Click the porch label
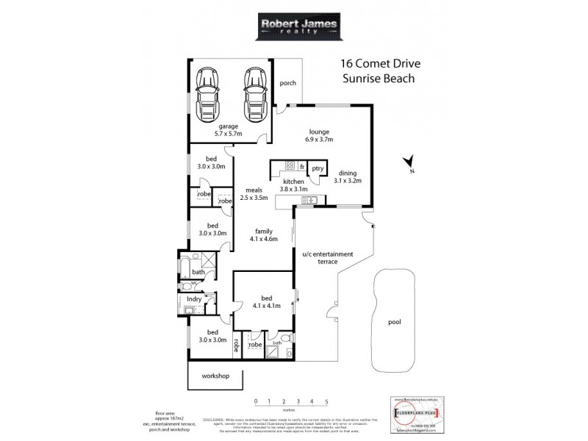pyautogui.click(x=288, y=83)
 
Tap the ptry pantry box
pyautogui.click(x=317, y=168)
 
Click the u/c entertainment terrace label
pyautogui.click(x=328, y=258)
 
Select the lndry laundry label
pyautogui.click(x=194, y=300)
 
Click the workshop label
pyautogui.click(x=215, y=376)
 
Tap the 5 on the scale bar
pyautogui.click(x=326, y=402)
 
